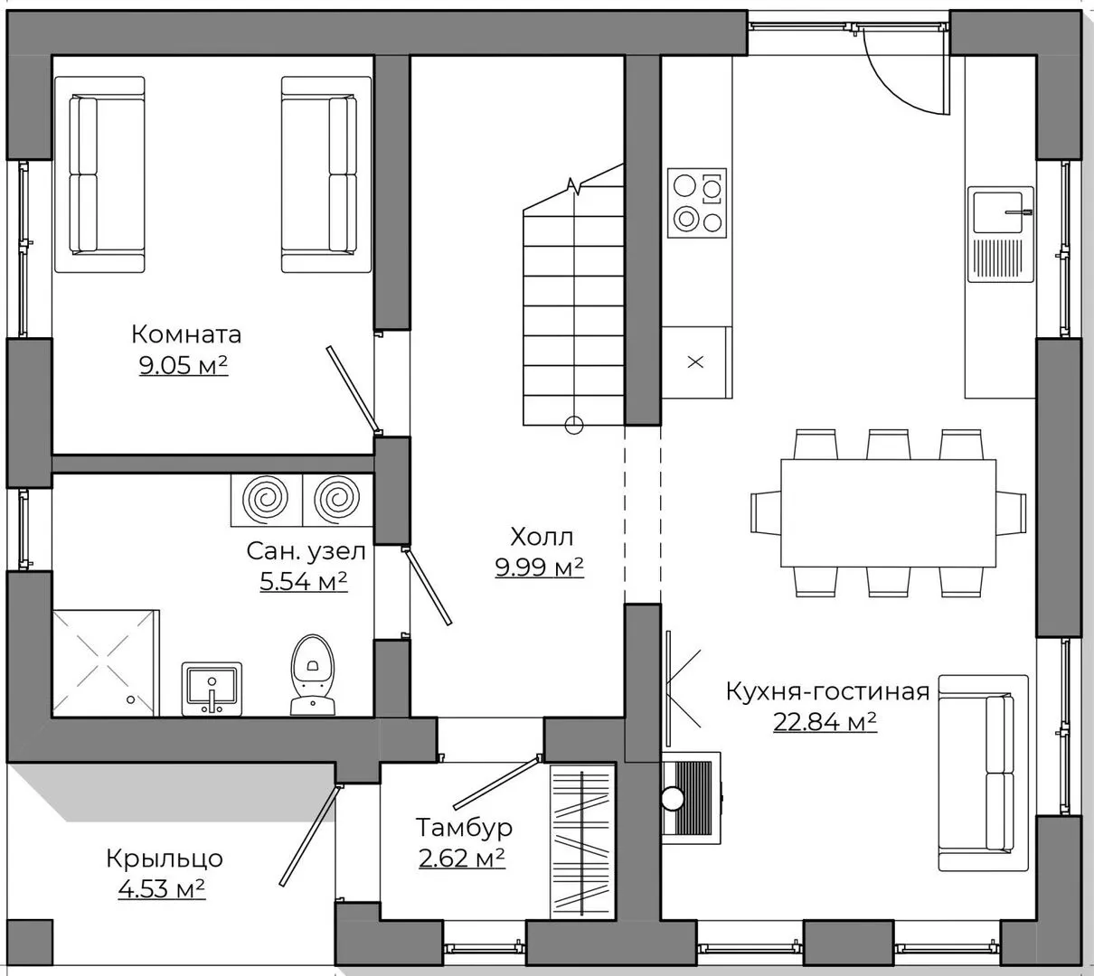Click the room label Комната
pos(186,334)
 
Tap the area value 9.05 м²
pos(184,365)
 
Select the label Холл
pos(542,537)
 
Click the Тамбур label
pos(464,827)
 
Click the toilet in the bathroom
pos(312,675)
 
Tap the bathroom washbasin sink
pos(212,689)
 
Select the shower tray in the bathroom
pos(106,663)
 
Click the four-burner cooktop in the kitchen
pos(696,203)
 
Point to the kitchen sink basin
pos(998,212)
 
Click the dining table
pos(888,513)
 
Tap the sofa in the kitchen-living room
pos(984,773)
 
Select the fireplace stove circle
pos(673,798)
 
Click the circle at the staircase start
pos(574,426)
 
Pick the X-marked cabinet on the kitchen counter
pos(696,362)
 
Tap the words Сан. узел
pos(307,551)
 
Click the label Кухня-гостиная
pos(827,691)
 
